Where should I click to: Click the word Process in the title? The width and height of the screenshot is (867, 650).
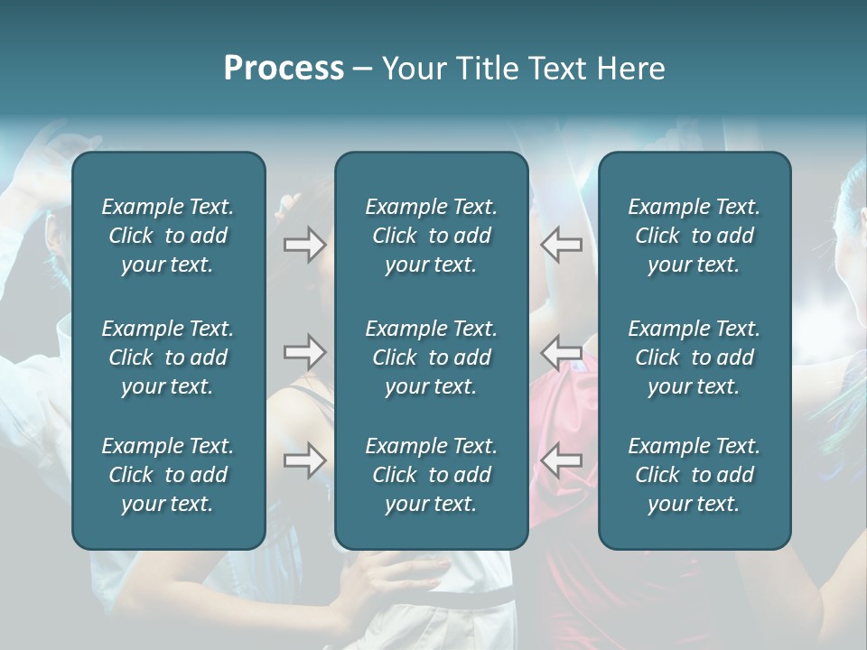point(284,69)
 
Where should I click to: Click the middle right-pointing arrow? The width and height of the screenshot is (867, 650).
point(305,352)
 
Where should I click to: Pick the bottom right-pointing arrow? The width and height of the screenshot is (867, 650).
point(305,460)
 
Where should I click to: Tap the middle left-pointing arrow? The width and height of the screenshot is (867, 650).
point(561,352)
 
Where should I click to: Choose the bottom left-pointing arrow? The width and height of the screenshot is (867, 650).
point(561,460)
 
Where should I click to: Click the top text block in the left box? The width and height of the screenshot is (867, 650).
point(168,236)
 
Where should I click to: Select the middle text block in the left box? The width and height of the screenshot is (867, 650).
point(168,357)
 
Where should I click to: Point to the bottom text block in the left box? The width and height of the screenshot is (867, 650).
point(168,475)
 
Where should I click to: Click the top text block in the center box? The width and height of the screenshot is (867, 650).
point(431,236)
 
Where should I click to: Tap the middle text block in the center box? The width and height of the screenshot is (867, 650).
point(431,357)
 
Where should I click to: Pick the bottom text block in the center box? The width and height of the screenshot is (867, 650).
point(431,475)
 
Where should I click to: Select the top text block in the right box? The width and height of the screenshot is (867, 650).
point(694,236)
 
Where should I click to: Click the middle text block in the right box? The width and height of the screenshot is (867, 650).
point(694,357)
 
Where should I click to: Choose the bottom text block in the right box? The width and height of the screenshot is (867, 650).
point(694,475)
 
